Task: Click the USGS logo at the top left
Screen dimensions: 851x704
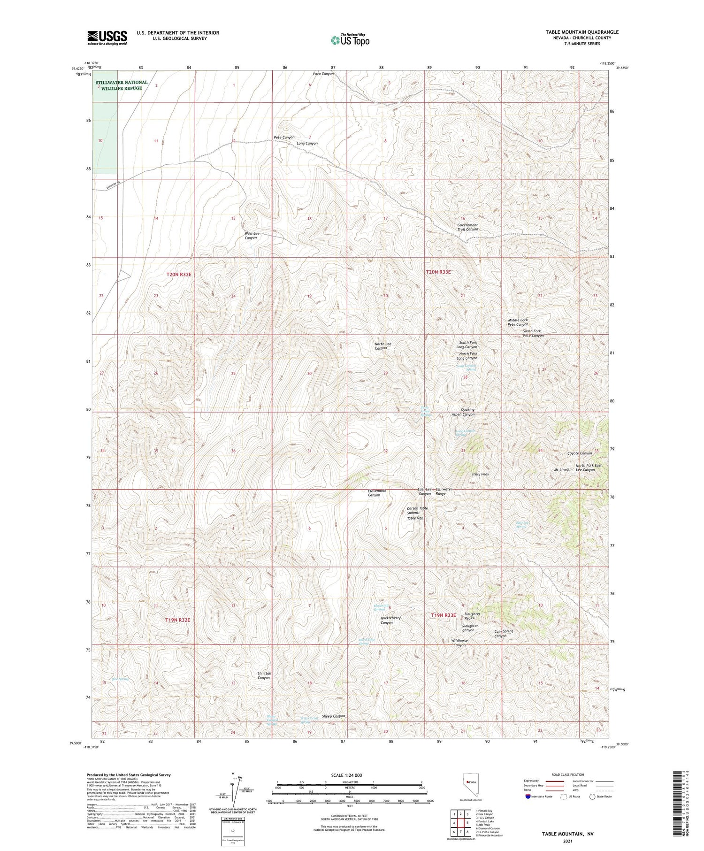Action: [107, 38]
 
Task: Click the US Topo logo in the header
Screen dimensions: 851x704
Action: [350, 40]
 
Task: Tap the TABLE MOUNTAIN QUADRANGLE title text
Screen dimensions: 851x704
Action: [582, 32]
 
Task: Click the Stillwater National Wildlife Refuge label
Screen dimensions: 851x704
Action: [122, 85]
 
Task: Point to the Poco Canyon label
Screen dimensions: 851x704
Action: [323, 74]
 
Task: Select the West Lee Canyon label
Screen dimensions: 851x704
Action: [252, 236]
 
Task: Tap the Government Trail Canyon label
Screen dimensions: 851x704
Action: [467, 227]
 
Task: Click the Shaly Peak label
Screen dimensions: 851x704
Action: [480, 474]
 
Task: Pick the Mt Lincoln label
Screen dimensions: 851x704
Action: [563, 469]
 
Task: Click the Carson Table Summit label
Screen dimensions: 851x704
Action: [417, 510]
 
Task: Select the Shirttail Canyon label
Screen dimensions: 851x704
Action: [264, 675]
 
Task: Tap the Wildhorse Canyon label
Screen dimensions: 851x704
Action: [459, 643]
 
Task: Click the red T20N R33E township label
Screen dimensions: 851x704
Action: [438, 272]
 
